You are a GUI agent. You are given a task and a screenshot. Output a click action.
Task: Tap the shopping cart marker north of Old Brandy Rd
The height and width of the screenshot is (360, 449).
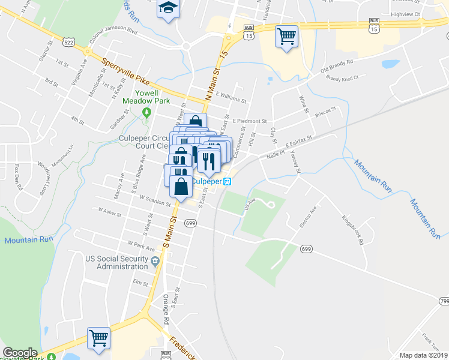[x=286, y=36]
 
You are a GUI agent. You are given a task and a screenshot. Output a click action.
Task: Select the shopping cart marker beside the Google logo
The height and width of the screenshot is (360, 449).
[x=98, y=338]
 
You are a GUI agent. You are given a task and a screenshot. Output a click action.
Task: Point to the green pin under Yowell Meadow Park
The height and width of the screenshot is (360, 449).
[x=146, y=112]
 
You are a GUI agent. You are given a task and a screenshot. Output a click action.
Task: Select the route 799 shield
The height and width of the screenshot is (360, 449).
[x=444, y=300]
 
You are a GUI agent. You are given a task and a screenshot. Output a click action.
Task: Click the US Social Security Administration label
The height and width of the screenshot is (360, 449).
[x=117, y=262]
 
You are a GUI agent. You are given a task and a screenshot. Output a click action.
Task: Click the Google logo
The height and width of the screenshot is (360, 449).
[x=20, y=353]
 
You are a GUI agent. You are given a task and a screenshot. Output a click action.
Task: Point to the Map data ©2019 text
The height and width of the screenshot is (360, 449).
[x=423, y=355]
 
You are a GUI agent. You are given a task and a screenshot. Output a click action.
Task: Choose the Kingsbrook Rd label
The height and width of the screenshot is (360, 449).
[x=352, y=230]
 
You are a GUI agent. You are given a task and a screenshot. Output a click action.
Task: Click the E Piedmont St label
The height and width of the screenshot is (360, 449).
[x=249, y=121]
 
